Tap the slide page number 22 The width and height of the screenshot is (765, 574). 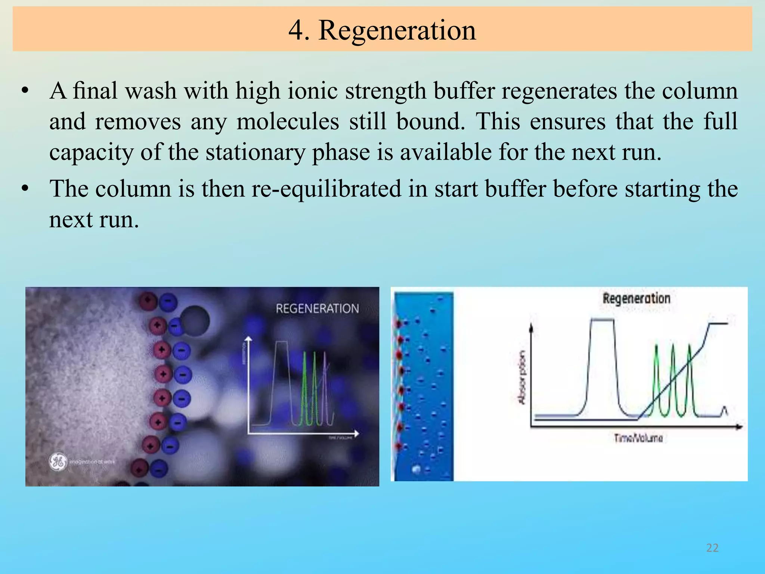click(x=712, y=548)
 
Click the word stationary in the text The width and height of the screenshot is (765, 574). click(x=255, y=153)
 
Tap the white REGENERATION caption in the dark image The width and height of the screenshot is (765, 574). click(x=317, y=309)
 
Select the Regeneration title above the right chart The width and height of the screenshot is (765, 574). click(x=637, y=299)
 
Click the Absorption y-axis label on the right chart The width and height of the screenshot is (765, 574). click(x=522, y=377)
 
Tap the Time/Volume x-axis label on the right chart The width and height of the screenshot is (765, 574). click(x=638, y=438)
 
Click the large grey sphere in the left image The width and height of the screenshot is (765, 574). click(x=195, y=321)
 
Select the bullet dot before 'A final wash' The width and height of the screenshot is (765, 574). click(x=25, y=91)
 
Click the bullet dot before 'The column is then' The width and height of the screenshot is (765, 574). click(x=25, y=189)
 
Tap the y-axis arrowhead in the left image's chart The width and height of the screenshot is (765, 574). click(x=249, y=339)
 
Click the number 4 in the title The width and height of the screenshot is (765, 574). click(x=296, y=30)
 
